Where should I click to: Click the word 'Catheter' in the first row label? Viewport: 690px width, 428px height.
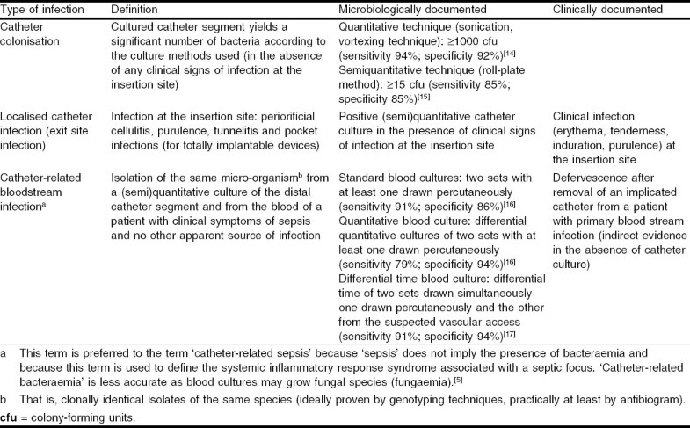pos(25,28)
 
